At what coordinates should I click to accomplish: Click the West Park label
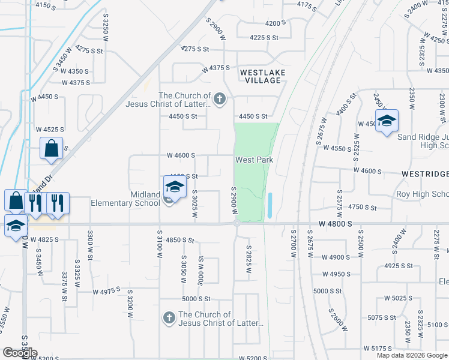(254, 160)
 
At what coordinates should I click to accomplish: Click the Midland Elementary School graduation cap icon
(175, 187)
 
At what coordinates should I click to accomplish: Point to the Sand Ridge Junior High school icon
(387, 121)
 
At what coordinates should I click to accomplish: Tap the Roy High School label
(422, 194)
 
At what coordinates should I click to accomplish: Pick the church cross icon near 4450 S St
(220, 99)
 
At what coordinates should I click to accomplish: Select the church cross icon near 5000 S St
(169, 318)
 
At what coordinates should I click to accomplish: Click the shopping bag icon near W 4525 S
(52, 148)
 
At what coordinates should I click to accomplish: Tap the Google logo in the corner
(19, 353)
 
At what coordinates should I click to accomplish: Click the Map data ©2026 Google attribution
(412, 355)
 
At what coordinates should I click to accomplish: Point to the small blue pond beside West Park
(270, 205)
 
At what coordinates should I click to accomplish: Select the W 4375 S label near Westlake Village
(215, 68)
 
